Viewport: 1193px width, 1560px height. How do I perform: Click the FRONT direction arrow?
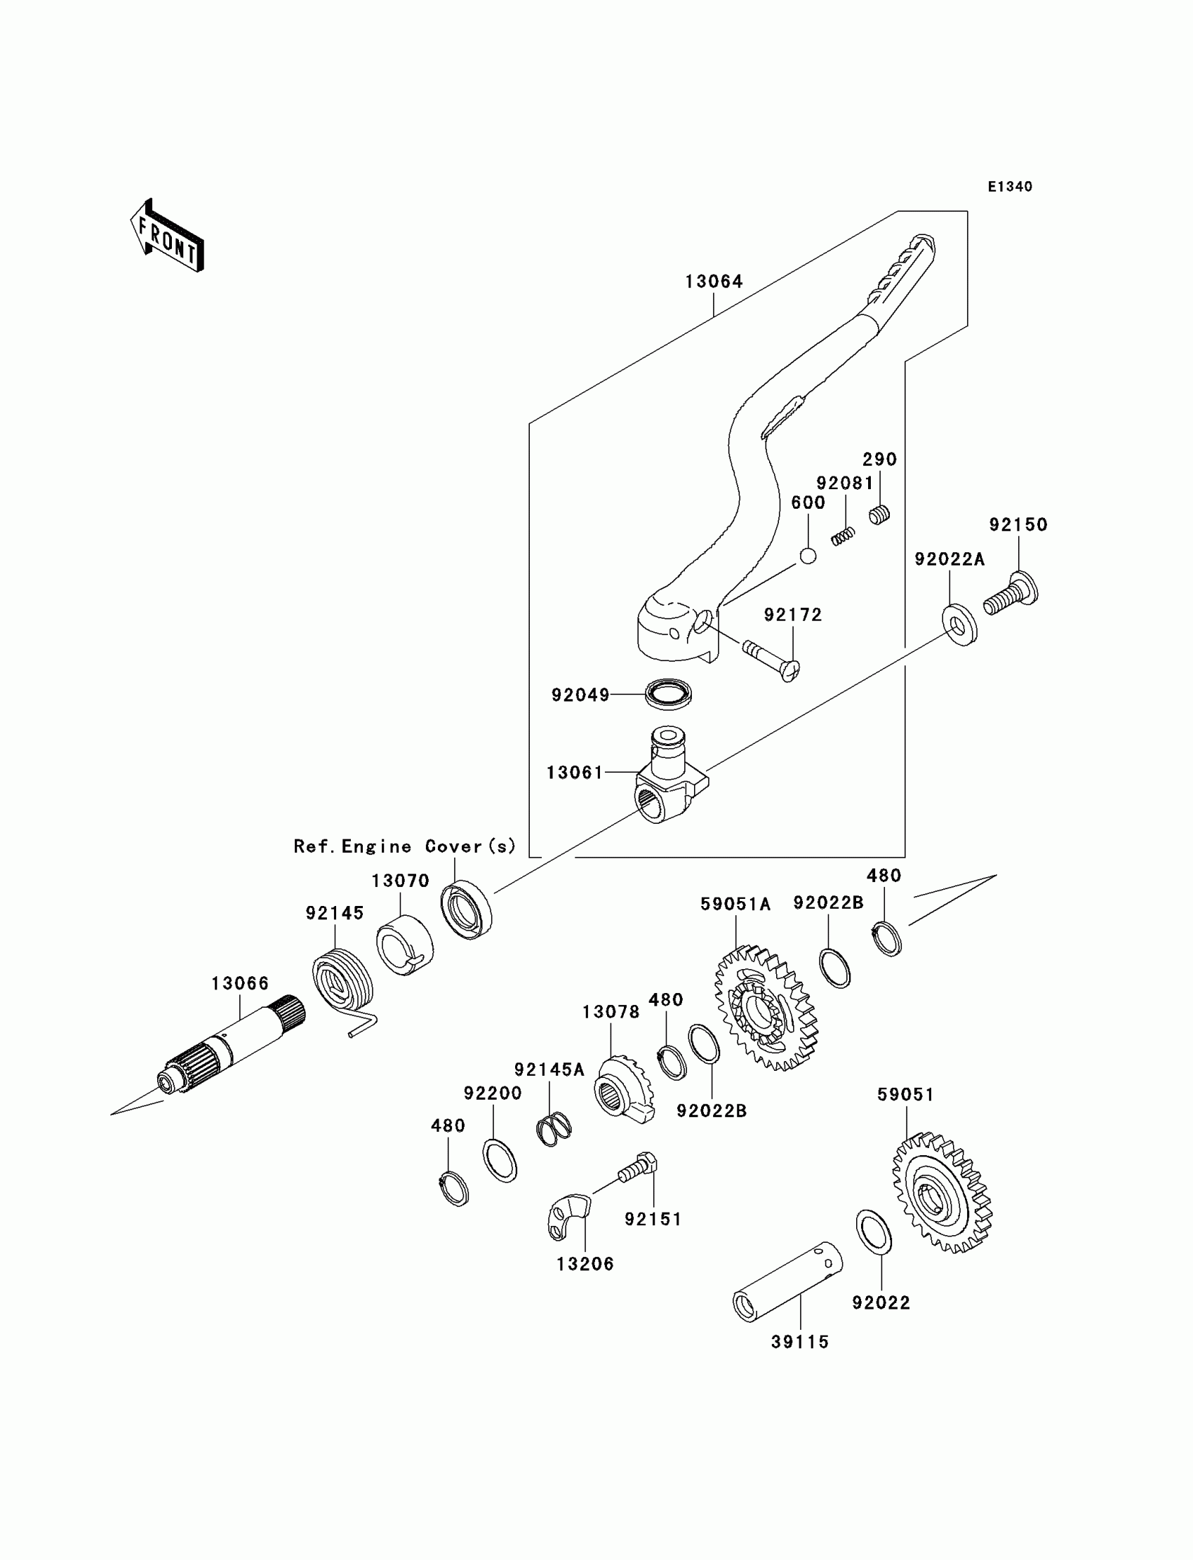coord(167,236)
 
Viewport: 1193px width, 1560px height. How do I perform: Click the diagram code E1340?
coord(1010,187)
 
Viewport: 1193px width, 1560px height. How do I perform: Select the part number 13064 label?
coord(714,282)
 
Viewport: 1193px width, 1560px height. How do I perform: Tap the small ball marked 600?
coord(808,556)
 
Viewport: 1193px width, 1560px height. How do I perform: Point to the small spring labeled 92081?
coord(843,537)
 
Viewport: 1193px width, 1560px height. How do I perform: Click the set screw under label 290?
coord(880,514)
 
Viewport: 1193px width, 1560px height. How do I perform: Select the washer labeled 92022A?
coord(959,625)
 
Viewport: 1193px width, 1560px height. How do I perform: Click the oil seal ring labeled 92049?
coord(668,693)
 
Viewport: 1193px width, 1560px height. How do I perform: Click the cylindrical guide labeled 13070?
coord(405,947)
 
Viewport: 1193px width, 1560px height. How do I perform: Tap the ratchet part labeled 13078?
coord(622,1091)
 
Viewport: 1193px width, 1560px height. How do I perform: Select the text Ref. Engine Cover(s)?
coord(405,846)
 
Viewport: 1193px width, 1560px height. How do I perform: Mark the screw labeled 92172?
coord(771,658)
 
